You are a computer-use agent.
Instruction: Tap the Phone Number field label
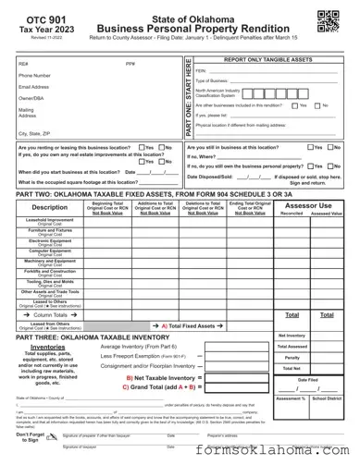[x=35, y=75]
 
